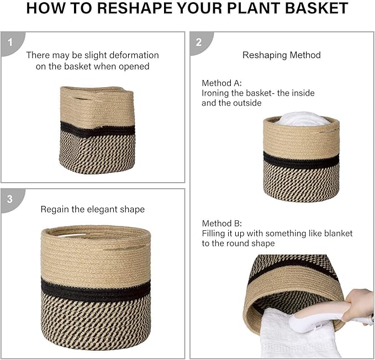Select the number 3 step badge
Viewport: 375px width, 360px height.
[x=9, y=198]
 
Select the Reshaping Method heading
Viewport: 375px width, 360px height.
[x=281, y=55]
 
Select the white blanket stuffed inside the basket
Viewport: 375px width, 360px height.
[x=301, y=119]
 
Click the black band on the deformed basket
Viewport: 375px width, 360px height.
[x=98, y=130]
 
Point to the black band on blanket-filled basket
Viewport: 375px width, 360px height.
[x=301, y=161]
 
